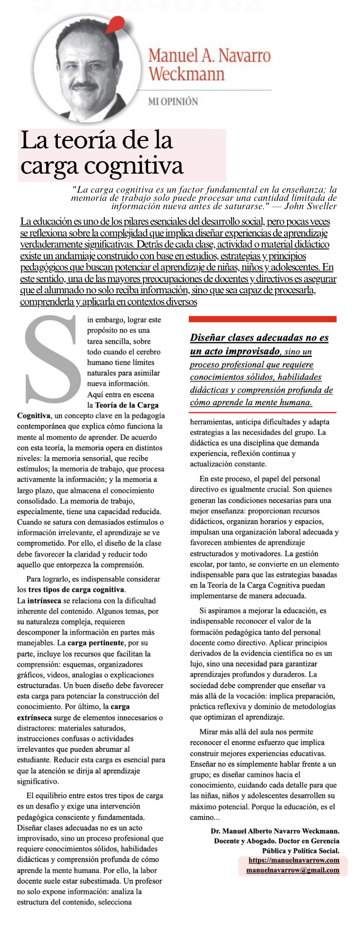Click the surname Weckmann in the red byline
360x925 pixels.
click(186, 74)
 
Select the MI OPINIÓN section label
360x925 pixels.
click(173, 102)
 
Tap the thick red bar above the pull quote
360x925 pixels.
click(262, 319)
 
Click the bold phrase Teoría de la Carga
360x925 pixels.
click(126, 405)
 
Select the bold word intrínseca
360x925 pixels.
click(44, 601)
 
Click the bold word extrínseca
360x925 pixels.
click(36, 717)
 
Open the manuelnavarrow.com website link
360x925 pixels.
click(294, 860)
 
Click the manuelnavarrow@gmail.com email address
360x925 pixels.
click(293, 870)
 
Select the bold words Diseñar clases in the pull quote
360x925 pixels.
click(223, 338)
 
